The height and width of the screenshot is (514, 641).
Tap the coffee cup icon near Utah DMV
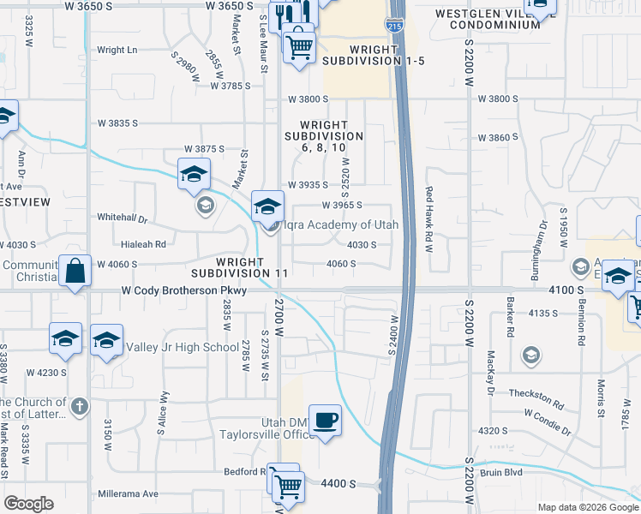click(x=325, y=421)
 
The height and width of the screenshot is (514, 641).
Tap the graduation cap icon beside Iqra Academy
click(x=267, y=206)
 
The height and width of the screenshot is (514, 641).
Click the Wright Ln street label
click(x=117, y=50)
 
